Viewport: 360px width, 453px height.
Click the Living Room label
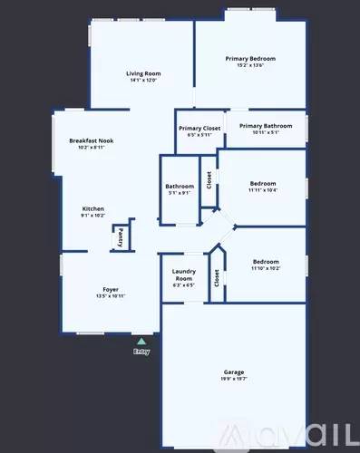click(143, 73)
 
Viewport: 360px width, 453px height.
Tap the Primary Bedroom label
click(250, 58)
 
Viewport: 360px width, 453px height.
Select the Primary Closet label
click(199, 129)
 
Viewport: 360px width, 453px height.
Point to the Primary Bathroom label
click(264, 126)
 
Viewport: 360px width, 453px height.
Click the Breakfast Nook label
click(91, 141)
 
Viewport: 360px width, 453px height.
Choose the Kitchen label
click(93, 208)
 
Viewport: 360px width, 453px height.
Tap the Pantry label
click(121, 236)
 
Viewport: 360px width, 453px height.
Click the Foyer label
click(111, 290)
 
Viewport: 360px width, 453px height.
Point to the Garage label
click(234, 372)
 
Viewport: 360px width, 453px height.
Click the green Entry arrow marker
click(141, 342)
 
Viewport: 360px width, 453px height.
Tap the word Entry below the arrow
click(141, 352)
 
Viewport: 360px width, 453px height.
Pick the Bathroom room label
click(180, 186)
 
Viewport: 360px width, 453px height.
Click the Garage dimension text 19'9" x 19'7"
click(234, 380)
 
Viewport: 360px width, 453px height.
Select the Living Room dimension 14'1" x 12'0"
click(143, 81)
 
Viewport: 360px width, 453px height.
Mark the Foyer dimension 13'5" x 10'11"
click(111, 297)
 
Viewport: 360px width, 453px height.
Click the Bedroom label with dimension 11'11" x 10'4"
click(263, 184)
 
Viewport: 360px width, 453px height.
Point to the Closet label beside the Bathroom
click(209, 180)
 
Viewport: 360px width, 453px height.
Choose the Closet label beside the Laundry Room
click(217, 278)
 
